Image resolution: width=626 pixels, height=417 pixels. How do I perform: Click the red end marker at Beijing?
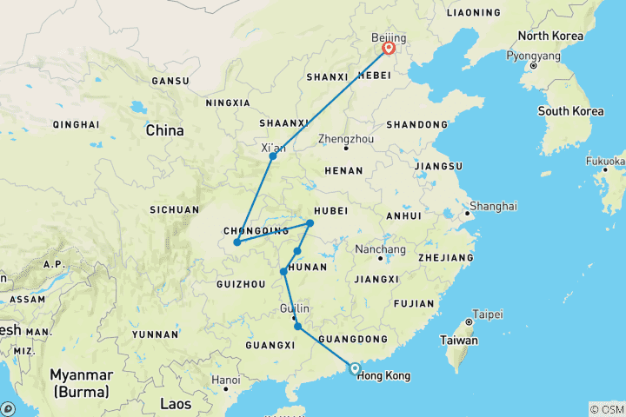pyautogui.click(x=389, y=49)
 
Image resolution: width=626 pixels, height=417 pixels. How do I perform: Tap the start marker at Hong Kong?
pyautogui.click(x=355, y=368)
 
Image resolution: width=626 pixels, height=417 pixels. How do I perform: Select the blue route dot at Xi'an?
pyautogui.click(x=273, y=156)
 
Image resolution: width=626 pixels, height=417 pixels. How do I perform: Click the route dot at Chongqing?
pyautogui.click(x=236, y=242)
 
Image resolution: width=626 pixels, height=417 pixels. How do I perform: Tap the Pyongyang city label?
pyautogui.click(x=534, y=56)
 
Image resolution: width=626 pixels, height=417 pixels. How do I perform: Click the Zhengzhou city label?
pyautogui.click(x=345, y=138)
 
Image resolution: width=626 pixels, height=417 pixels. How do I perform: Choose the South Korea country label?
pyautogui.click(x=570, y=111)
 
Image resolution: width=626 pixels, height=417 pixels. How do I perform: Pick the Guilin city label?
pyautogui.click(x=295, y=309)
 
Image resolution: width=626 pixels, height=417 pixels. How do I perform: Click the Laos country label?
pyautogui.click(x=176, y=403)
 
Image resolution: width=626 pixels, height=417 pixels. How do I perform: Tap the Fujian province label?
pyautogui.click(x=413, y=303)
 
